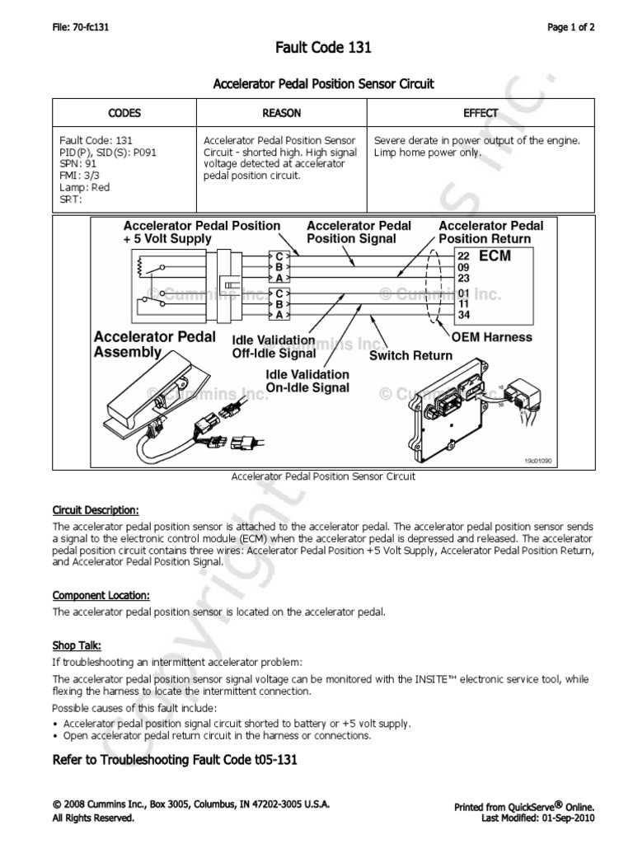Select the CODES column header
click(124, 113)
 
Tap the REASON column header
click(281, 113)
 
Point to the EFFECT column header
click(481, 113)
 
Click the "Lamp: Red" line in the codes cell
click(84, 187)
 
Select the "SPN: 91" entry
click(77, 164)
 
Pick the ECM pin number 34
click(462, 313)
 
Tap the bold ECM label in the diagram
click(495, 256)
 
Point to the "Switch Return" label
click(410, 355)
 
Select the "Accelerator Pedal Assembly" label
click(155, 344)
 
